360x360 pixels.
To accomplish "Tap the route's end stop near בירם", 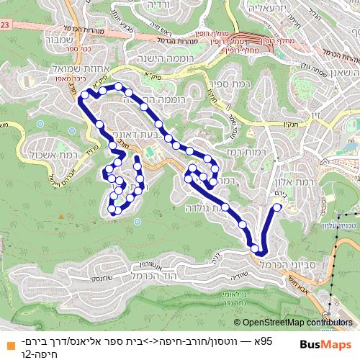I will (x=277, y=208).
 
